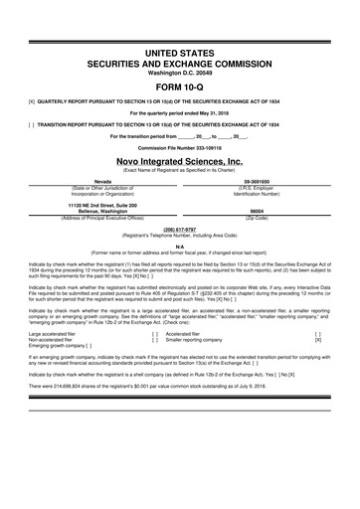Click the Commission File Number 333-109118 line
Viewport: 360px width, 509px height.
click(179, 146)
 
